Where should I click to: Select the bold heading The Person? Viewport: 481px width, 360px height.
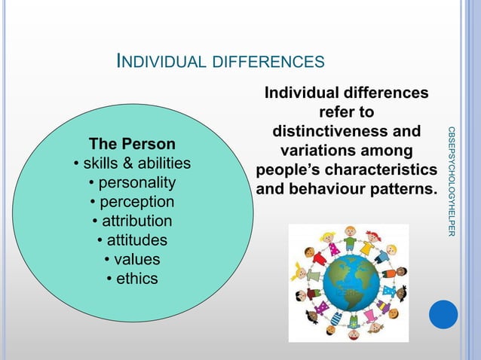pyautogui.click(x=132, y=144)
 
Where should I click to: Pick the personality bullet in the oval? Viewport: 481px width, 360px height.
pyautogui.click(x=132, y=183)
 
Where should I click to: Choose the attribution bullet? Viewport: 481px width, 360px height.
pyautogui.click(x=132, y=221)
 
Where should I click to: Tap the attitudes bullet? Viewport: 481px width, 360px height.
pyautogui.click(x=132, y=241)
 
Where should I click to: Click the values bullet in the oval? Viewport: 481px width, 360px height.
pyautogui.click(x=132, y=260)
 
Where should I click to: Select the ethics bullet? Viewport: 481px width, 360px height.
pyautogui.click(x=132, y=279)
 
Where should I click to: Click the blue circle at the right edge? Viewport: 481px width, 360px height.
pyautogui.click(x=443, y=314)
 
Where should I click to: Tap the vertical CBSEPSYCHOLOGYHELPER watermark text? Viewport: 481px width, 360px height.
pyautogui.click(x=451, y=182)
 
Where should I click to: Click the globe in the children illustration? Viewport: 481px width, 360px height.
pyautogui.click(x=348, y=283)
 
